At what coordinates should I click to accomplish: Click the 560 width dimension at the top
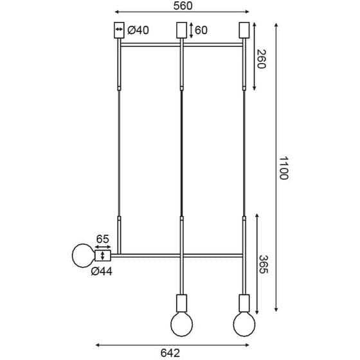click(x=183, y=6)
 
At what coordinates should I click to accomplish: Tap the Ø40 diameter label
click(x=138, y=30)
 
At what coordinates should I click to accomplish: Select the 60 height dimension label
click(x=201, y=30)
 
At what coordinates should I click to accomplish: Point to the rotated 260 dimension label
click(x=261, y=59)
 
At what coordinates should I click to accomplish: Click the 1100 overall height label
click(x=283, y=168)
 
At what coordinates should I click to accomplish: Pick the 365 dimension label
click(x=264, y=264)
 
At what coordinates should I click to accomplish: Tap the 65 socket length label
click(x=102, y=239)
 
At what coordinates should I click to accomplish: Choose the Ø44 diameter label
click(x=102, y=271)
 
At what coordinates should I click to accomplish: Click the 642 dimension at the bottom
click(x=170, y=353)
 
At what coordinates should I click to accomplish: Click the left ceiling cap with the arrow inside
click(x=119, y=30)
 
